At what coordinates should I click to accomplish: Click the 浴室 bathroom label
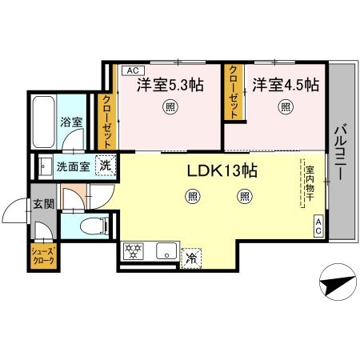click(71, 122)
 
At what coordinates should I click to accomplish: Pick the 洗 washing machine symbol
click(105, 166)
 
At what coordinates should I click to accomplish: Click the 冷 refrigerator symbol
click(192, 257)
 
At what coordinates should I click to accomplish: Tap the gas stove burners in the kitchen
click(132, 252)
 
